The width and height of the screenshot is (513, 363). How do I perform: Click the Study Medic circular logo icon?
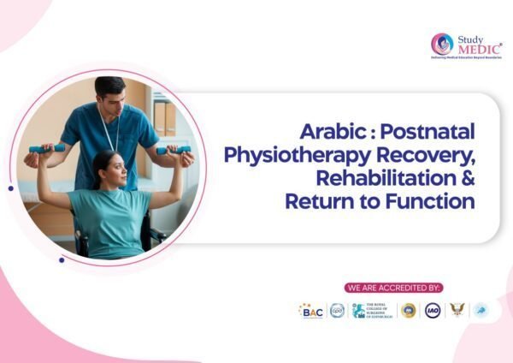click(x=442, y=44)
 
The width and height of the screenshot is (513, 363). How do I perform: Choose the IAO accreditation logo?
click(x=433, y=311)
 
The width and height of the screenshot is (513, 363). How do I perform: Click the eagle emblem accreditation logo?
click(x=458, y=311)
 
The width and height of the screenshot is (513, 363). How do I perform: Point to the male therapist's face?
click(x=110, y=93)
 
